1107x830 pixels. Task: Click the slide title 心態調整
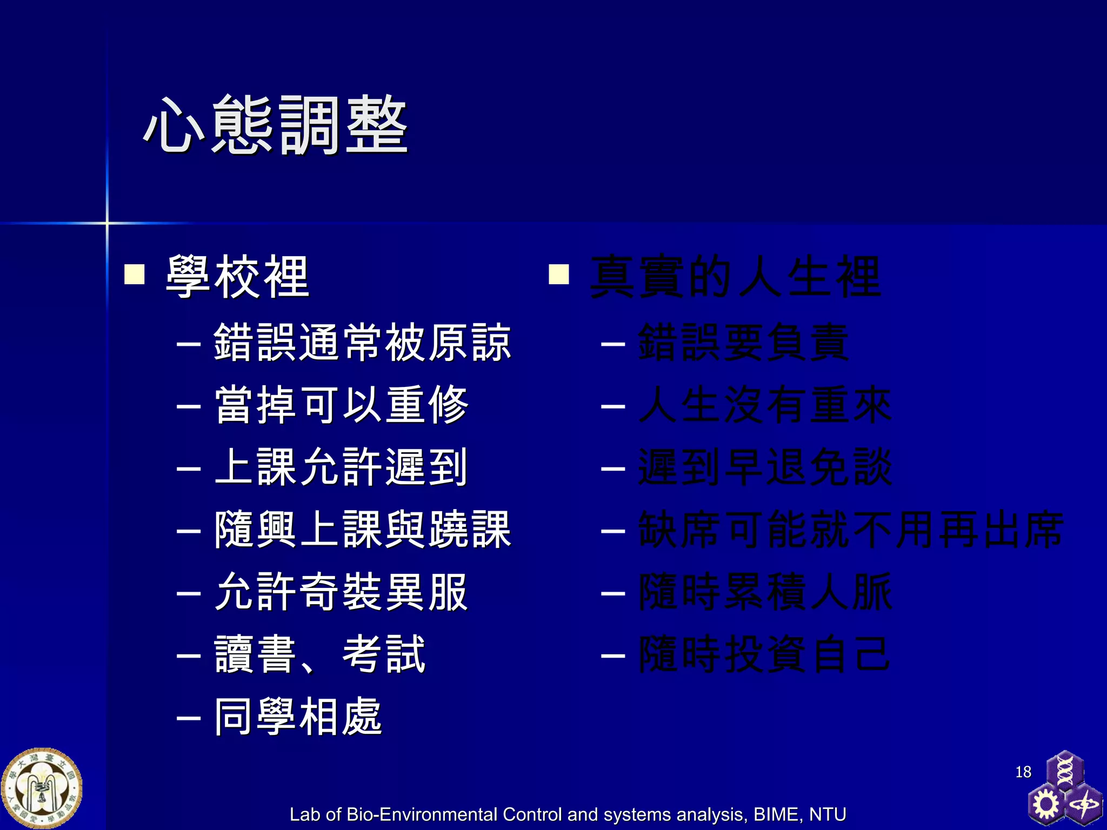[x=276, y=125]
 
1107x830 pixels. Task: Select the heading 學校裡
[x=238, y=277]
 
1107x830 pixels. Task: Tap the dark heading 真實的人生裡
[x=736, y=277]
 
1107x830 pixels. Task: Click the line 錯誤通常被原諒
[x=362, y=343]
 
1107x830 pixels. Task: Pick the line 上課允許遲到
[x=341, y=467]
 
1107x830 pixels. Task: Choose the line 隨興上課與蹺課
[x=362, y=530]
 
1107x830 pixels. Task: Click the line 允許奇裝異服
[x=341, y=592]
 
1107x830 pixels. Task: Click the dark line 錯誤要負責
[x=744, y=343]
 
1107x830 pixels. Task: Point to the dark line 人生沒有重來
[x=765, y=405]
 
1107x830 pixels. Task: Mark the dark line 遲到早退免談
[x=765, y=467]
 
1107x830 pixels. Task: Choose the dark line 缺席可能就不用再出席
[x=851, y=530]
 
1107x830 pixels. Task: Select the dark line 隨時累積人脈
[x=765, y=592]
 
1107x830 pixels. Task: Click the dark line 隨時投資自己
[x=765, y=654]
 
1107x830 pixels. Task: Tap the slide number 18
[x=1023, y=772]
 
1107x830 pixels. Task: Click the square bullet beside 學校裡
[x=135, y=274]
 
